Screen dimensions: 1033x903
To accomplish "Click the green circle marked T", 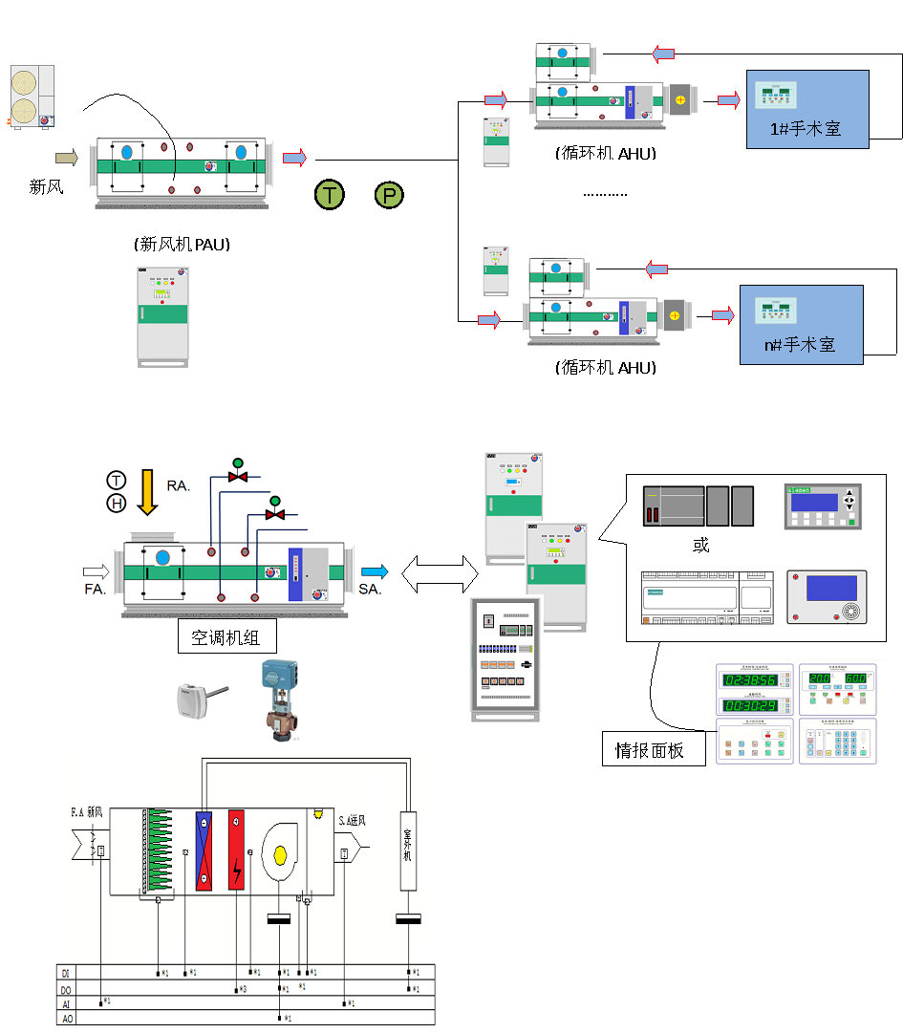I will click(x=329, y=196).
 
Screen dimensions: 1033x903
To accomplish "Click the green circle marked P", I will click(x=388, y=196).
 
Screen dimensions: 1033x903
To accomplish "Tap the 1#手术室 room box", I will click(x=807, y=108).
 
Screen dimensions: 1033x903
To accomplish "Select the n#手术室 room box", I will click(x=801, y=324).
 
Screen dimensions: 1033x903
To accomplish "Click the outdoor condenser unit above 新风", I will click(x=32, y=97).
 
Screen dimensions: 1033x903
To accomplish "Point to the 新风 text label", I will click(x=47, y=187).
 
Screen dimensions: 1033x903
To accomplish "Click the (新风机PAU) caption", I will click(x=184, y=245).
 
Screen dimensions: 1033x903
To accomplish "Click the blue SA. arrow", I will click(x=375, y=571).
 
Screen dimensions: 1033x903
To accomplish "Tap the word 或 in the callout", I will click(x=700, y=545).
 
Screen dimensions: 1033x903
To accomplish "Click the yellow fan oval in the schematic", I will click(x=280, y=853).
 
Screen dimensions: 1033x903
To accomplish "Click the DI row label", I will click(x=65, y=973).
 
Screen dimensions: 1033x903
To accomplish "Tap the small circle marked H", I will click(x=116, y=502).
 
